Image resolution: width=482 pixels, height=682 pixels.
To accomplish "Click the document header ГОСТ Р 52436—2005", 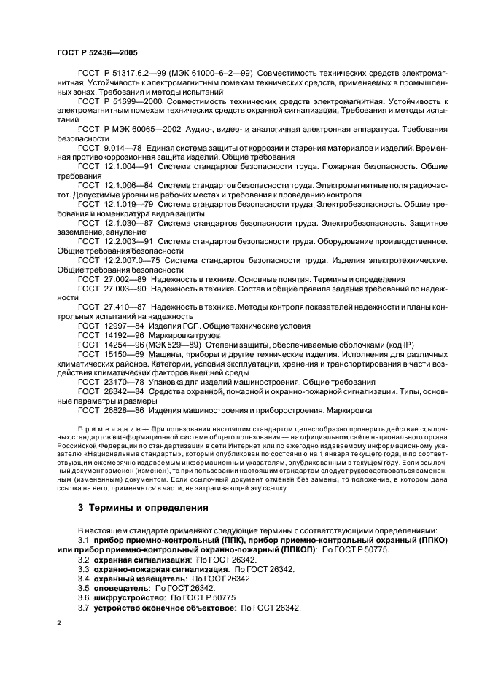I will coord(97,53).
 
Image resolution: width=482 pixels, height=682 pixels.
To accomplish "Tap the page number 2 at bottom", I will coord(60,624).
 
